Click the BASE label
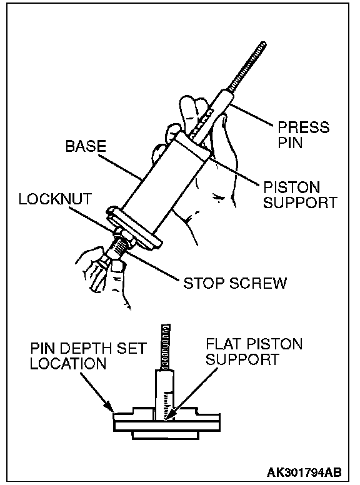point(86,146)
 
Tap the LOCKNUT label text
point(56,199)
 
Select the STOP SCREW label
point(235,282)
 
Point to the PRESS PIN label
point(303,135)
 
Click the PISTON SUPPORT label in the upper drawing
point(300,195)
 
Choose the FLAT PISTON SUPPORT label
point(254,351)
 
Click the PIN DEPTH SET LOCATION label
point(88,356)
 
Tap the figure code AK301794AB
point(304,472)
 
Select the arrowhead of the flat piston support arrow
point(169,416)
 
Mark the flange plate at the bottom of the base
point(134,227)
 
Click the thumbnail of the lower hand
point(117,266)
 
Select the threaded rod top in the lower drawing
point(166,346)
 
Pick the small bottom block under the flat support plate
point(166,435)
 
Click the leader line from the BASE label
point(120,166)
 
